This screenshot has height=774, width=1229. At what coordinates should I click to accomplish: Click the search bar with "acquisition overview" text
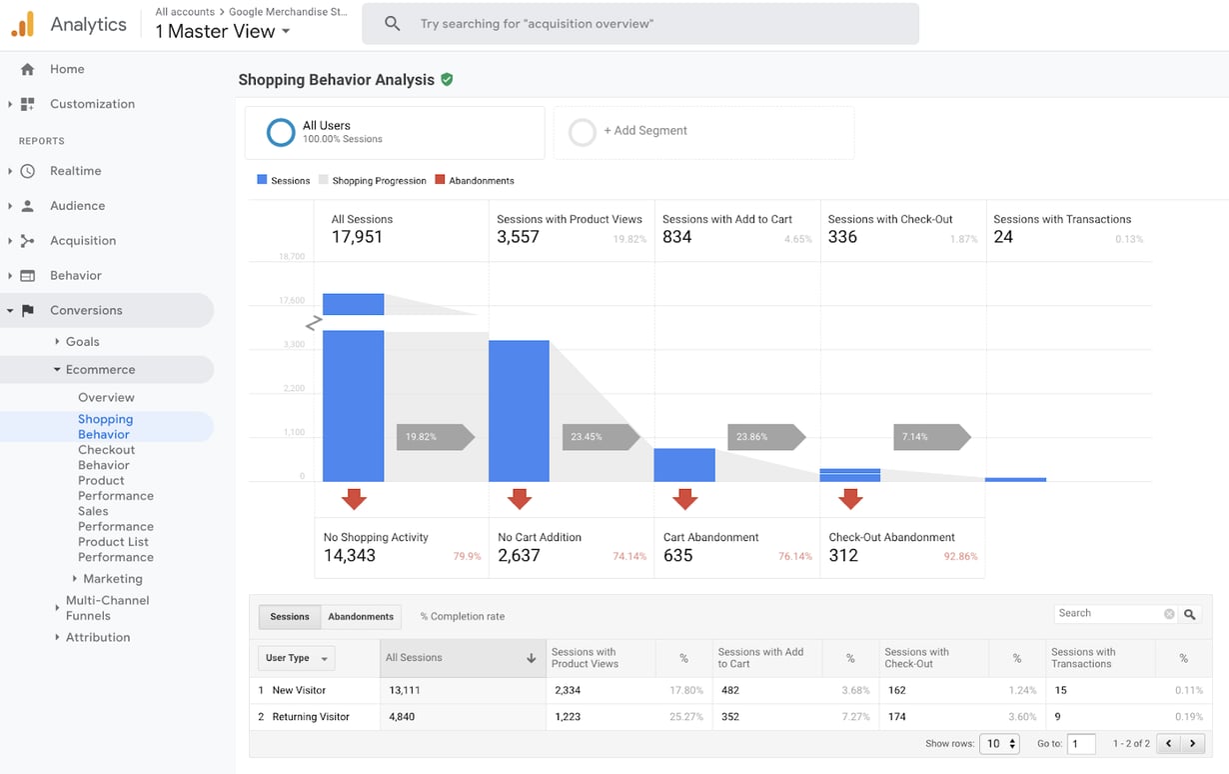click(x=639, y=23)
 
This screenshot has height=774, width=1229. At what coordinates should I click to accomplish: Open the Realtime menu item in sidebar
click(x=75, y=171)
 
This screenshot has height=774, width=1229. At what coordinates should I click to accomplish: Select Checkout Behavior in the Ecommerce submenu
click(x=106, y=457)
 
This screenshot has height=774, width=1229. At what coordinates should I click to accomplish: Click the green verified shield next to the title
click(x=447, y=79)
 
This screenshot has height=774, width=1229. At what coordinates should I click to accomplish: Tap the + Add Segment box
click(x=703, y=131)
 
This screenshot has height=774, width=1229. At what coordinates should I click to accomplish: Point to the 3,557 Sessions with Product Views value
click(x=518, y=237)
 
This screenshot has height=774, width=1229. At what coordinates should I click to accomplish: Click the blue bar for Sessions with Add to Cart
click(x=684, y=465)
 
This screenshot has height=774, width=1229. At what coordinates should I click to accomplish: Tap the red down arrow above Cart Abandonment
click(x=684, y=498)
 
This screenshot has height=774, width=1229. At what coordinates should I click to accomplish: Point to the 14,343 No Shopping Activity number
click(x=350, y=555)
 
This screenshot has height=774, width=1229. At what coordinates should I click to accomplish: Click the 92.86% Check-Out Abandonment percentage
click(x=960, y=556)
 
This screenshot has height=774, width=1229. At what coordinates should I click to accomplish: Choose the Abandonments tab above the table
click(x=361, y=616)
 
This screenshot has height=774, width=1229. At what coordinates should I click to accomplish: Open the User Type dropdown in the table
click(x=296, y=658)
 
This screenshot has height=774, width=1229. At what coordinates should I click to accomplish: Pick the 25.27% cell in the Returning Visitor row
click(x=686, y=717)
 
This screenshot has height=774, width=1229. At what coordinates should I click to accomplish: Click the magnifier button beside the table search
click(x=1189, y=614)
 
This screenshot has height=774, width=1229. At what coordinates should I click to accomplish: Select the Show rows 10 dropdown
click(x=999, y=744)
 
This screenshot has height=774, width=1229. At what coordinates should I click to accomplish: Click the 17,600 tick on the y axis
click(x=291, y=300)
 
